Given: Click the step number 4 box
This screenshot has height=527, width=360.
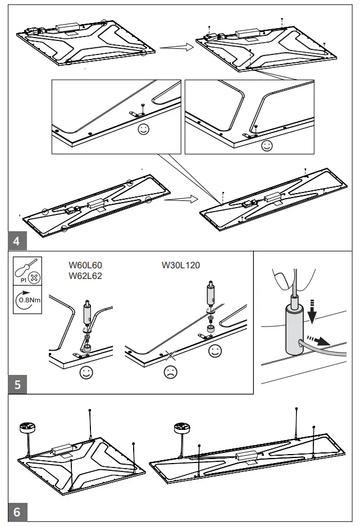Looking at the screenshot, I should (17, 242).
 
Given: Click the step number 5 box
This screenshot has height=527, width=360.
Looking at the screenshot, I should (17, 386).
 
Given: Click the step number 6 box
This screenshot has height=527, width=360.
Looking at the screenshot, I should (17, 512).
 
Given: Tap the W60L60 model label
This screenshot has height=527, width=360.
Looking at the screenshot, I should (85, 265).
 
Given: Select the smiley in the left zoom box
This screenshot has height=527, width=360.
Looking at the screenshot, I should (144, 130).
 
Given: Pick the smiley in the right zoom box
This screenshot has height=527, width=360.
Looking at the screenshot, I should (267, 145).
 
